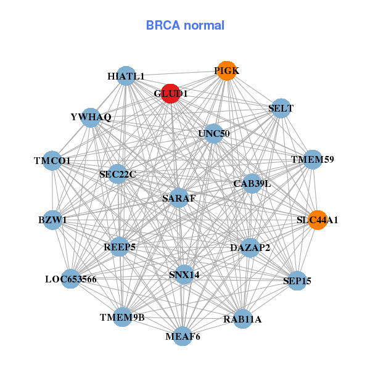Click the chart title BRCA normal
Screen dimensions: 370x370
point(185,25)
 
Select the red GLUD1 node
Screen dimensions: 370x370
point(171,93)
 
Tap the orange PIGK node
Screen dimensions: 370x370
point(227,71)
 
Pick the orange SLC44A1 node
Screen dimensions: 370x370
point(318,220)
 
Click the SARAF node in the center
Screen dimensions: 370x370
point(179,198)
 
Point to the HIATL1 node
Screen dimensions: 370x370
point(126,76)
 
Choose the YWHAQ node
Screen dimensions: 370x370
point(91,117)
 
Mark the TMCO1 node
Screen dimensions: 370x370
point(52,160)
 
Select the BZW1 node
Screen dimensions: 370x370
point(52,220)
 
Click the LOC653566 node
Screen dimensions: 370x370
point(70,279)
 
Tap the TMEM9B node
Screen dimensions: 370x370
point(122,317)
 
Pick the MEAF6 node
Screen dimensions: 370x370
point(183,336)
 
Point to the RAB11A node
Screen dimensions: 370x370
point(242,319)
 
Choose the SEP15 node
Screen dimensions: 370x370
point(297,281)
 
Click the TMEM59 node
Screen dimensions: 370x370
point(313,160)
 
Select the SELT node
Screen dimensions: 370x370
point(281,109)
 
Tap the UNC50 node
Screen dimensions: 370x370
point(213,133)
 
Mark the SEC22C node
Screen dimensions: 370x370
point(117,174)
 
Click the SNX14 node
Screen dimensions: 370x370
point(184,274)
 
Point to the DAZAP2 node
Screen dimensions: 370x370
point(250,247)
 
